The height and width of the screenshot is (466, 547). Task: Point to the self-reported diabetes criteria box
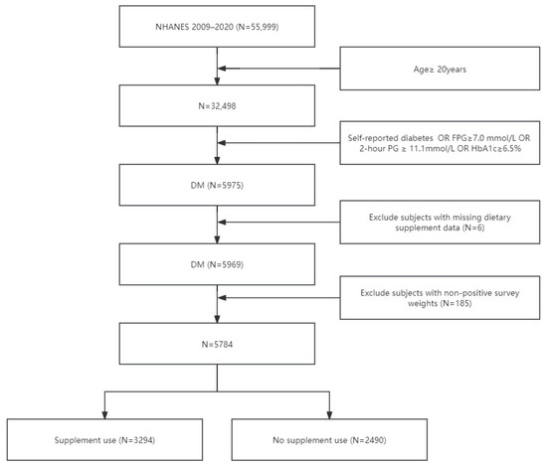[438, 146]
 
